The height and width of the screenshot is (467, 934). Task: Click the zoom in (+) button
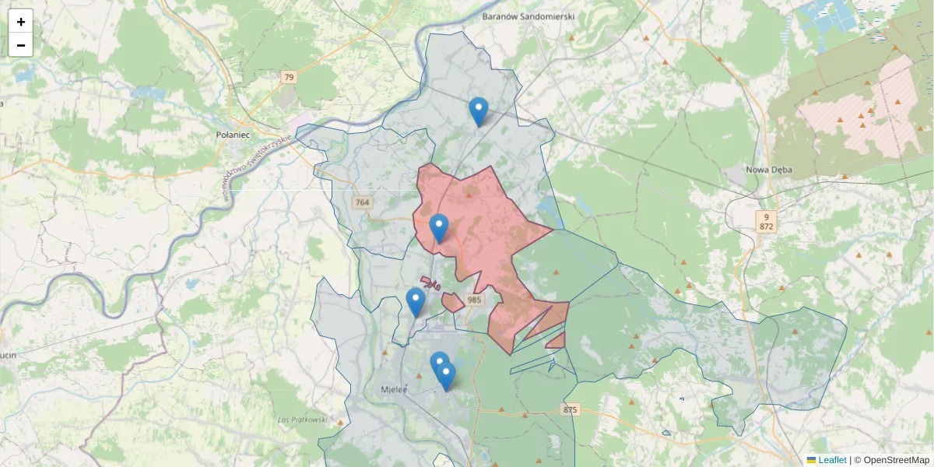point(21,22)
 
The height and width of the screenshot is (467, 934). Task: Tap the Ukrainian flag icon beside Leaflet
point(812,460)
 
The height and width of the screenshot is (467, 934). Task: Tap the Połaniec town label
point(231,134)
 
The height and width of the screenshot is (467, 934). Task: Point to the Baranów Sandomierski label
point(528,16)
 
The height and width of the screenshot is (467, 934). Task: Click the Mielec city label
point(395,389)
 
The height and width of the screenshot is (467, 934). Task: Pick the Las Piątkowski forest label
point(302,420)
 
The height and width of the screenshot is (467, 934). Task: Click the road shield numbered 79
point(290,77)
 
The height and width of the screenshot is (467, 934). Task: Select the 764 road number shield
point(362,203)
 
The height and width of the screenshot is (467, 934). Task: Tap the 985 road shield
point(475,300)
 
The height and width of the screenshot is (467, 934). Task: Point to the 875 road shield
point(571,409)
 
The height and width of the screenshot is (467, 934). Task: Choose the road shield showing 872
point(767,226)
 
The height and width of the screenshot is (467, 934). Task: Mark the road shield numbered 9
point(767,216)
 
